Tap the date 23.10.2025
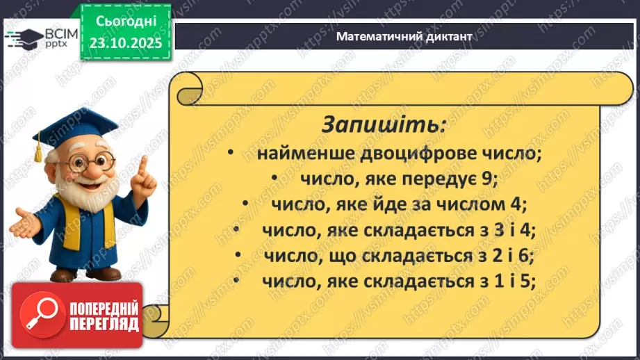[125, 42]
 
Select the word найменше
[301, 154]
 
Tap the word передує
[438, 179]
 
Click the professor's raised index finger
[144, 164]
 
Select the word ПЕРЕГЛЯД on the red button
[104, 324]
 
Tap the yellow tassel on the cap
[39, 149]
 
